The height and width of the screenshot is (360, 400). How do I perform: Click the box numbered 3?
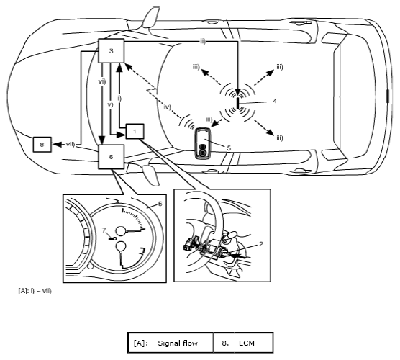pyautogui.click(x=112, y=51)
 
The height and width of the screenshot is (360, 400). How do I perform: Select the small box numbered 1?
pyautogui.click(x=135, y=132)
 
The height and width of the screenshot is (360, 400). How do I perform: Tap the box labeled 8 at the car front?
pyautogui.click(x=42, y=145)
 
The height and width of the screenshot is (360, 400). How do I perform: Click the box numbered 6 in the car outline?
pyautogui.click(x=112, y=157)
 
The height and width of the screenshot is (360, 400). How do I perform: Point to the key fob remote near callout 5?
pyautogui.click(x=203, y=143)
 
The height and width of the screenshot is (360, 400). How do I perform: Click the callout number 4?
pyautogui.click(x=275, y=101)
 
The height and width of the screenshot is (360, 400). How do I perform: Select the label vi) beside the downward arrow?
pyautogui.click(x=101, y=81)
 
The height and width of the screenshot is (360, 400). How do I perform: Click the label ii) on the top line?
pyautogui.click(x=203, y=41)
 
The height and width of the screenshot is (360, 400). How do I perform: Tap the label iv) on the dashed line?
pyautogui.click(x=168, y=107)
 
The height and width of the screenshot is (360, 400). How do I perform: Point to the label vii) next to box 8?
pyautogui.click(x=71, y=144)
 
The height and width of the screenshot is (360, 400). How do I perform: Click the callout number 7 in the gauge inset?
pyautogui.click(x=104, y=230)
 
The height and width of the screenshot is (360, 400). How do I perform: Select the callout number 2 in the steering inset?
pyautogui.click(x=261, y=244)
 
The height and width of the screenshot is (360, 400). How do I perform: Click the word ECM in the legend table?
pyautogui.click(x=247, y=343)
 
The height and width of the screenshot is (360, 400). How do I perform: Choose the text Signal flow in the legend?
pyautogui.click(x=178, y=343)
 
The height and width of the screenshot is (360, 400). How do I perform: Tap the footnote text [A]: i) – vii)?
pyautogui.click(x=35, y=291)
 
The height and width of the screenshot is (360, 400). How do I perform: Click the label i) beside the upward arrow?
pyautogui.click(x=119, y=98)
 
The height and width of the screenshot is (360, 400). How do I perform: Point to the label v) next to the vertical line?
pyautogui.click(x=110, y=104)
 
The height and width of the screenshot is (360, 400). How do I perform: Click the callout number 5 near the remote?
pyautogui.click(x=229, y=148)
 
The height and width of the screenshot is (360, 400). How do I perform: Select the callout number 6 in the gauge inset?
pyautogui.click(x=160, y=204)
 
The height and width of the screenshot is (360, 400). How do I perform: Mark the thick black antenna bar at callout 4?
pyautogui.click(x=237, y=104)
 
